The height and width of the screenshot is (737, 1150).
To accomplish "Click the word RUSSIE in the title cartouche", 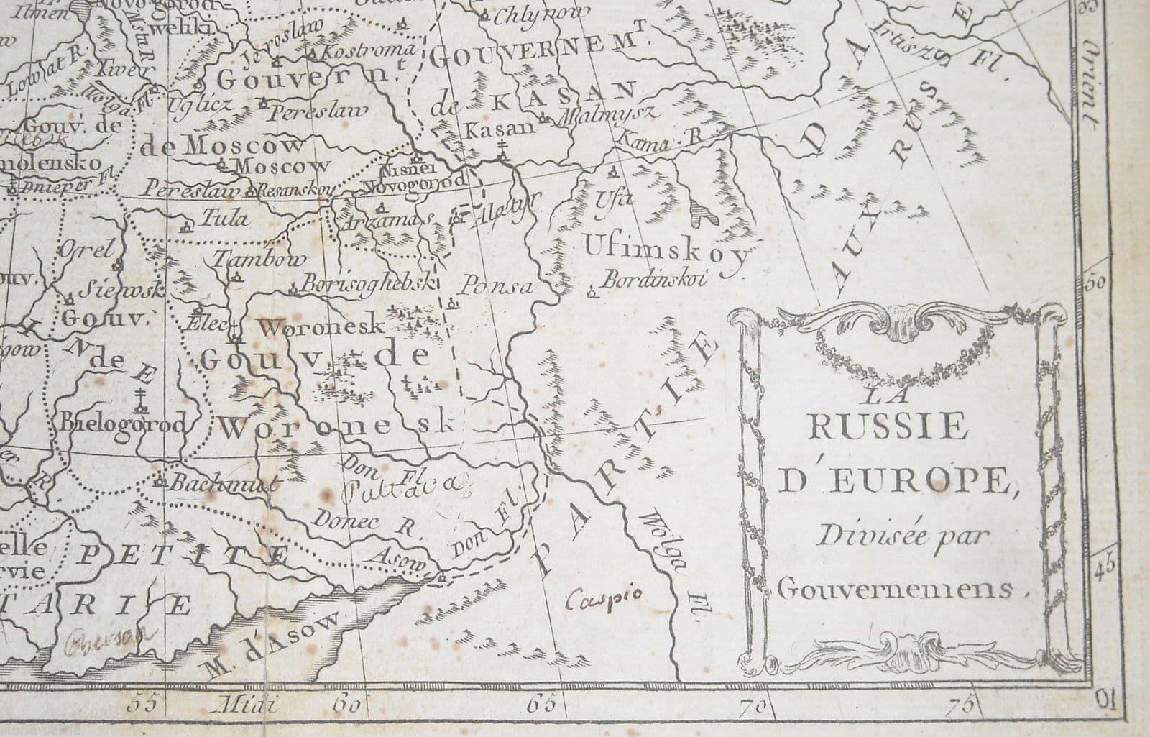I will click(x=888, y=428).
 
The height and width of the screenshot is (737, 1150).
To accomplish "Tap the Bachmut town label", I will click(x=222, y=484).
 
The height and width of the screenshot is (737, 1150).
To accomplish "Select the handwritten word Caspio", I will click(x=605, y=598).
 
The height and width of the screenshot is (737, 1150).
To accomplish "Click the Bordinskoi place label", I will click(x=654, y=280).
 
